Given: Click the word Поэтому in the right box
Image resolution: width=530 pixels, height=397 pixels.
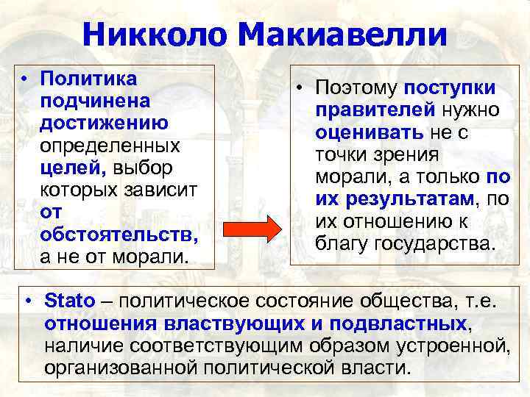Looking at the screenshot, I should [357, 87].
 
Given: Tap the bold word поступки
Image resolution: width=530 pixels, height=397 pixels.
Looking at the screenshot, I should [450, 87].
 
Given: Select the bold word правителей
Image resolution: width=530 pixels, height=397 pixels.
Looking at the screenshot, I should [375, 110].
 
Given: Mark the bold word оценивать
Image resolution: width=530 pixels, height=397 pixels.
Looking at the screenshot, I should [369, 133].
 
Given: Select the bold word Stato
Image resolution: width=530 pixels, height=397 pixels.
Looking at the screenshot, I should [70, 301].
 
